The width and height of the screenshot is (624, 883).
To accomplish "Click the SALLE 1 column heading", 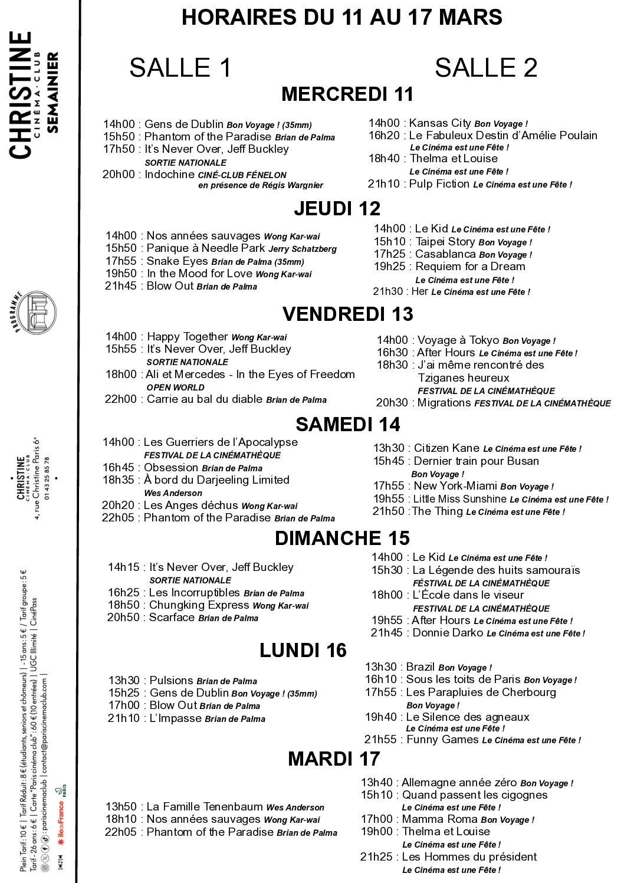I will click(x=180, y=68).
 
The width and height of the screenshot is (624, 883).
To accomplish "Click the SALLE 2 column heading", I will click(x=486, y=68).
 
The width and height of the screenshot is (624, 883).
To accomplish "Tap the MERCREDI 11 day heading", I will click(x=347, y=94).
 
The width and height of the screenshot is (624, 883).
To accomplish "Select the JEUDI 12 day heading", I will click(x=337, y=208).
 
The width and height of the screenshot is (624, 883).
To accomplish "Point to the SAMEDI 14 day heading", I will click(x=348, y=424).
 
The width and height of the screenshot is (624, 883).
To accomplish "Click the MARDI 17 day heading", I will click(x=334, y=759).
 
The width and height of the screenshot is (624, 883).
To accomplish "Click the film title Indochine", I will click(x=169, y=175).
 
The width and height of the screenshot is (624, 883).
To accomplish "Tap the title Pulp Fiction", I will click(x=439, y=184).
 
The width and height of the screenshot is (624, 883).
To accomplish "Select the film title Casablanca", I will click(x=445, y=254).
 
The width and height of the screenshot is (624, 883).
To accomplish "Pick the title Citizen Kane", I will click(x=446, y=448).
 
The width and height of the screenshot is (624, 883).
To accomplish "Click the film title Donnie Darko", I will click(x=448, y=633).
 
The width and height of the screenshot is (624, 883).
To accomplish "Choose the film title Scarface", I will click(x=172, y=618).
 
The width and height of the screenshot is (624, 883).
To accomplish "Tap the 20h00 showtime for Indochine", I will click(x=119, y=175).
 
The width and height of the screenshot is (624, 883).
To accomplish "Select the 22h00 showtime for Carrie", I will click(x=121, y=399).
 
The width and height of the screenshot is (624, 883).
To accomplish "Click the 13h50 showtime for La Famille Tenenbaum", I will click(x=121, y=807).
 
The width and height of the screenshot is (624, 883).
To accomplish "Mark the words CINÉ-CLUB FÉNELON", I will click(x=242, y=175).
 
